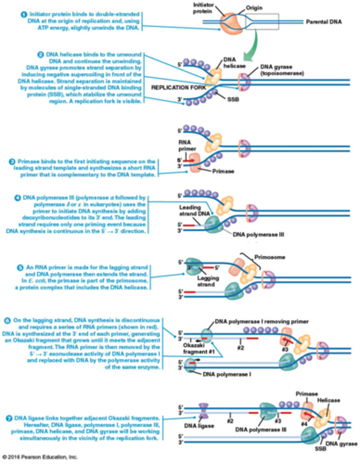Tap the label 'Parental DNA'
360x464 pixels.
tap(324, 22)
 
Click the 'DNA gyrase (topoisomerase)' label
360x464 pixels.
tap(282, 70)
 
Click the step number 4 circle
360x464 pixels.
tap(17, 198)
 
